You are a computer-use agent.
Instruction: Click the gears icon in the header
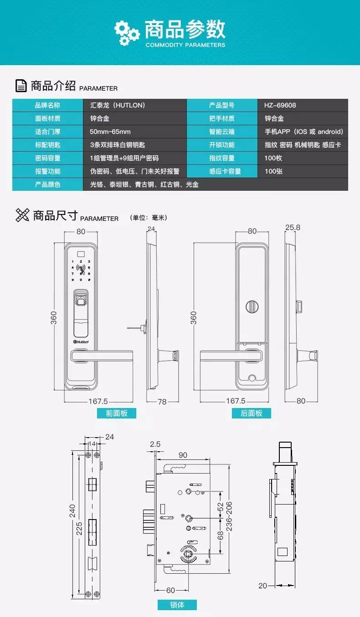(127, 33)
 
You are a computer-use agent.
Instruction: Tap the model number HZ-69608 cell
(280, 105)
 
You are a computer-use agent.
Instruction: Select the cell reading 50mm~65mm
(110, 132)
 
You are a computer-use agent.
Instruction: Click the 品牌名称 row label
(47, 105)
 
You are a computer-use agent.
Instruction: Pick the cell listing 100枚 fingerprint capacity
(273, 158)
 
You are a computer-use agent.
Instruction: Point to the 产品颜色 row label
(47, 184)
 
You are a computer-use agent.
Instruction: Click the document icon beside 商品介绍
(21, 86)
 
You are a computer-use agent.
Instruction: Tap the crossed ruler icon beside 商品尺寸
(22, 215)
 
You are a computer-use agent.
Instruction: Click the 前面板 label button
(117, 413)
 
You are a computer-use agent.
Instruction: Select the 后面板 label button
(252, 413)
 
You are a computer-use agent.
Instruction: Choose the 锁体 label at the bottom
(177, 605)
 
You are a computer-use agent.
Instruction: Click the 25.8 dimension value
(293, 228)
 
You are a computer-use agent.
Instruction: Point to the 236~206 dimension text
(229, 516)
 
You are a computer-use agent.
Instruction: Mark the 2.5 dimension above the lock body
(155, 444)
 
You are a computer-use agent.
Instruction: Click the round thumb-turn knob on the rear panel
(252, 307)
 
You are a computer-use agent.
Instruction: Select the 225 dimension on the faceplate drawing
(79, 529)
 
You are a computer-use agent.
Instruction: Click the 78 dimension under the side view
(162, 402)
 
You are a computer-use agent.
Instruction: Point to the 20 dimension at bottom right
(262, 586)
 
